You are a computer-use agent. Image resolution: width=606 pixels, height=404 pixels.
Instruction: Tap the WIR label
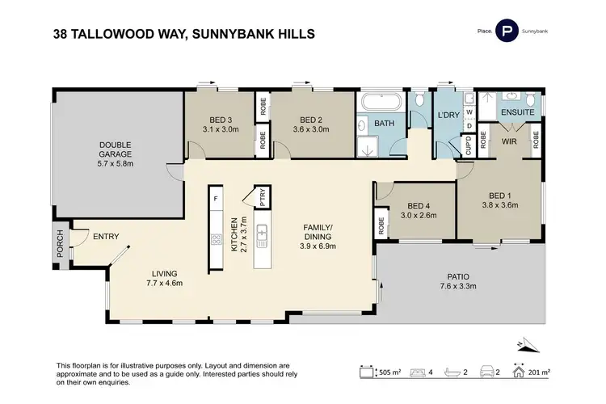(x=509, y=141)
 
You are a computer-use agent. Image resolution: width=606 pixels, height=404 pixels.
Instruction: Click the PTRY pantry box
(x=262, y=197)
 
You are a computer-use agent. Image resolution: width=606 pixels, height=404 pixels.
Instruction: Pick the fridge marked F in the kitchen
(x=216, y=198)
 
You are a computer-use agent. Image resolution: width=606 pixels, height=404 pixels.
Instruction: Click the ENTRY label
(x=105, y=236)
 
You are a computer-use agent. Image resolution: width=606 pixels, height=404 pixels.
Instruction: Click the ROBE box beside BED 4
(x=381, y=225)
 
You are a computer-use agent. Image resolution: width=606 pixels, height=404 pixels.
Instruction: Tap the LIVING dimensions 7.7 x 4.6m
(x=166, y=284)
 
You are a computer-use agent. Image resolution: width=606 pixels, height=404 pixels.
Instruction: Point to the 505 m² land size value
(x=389, y=372)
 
